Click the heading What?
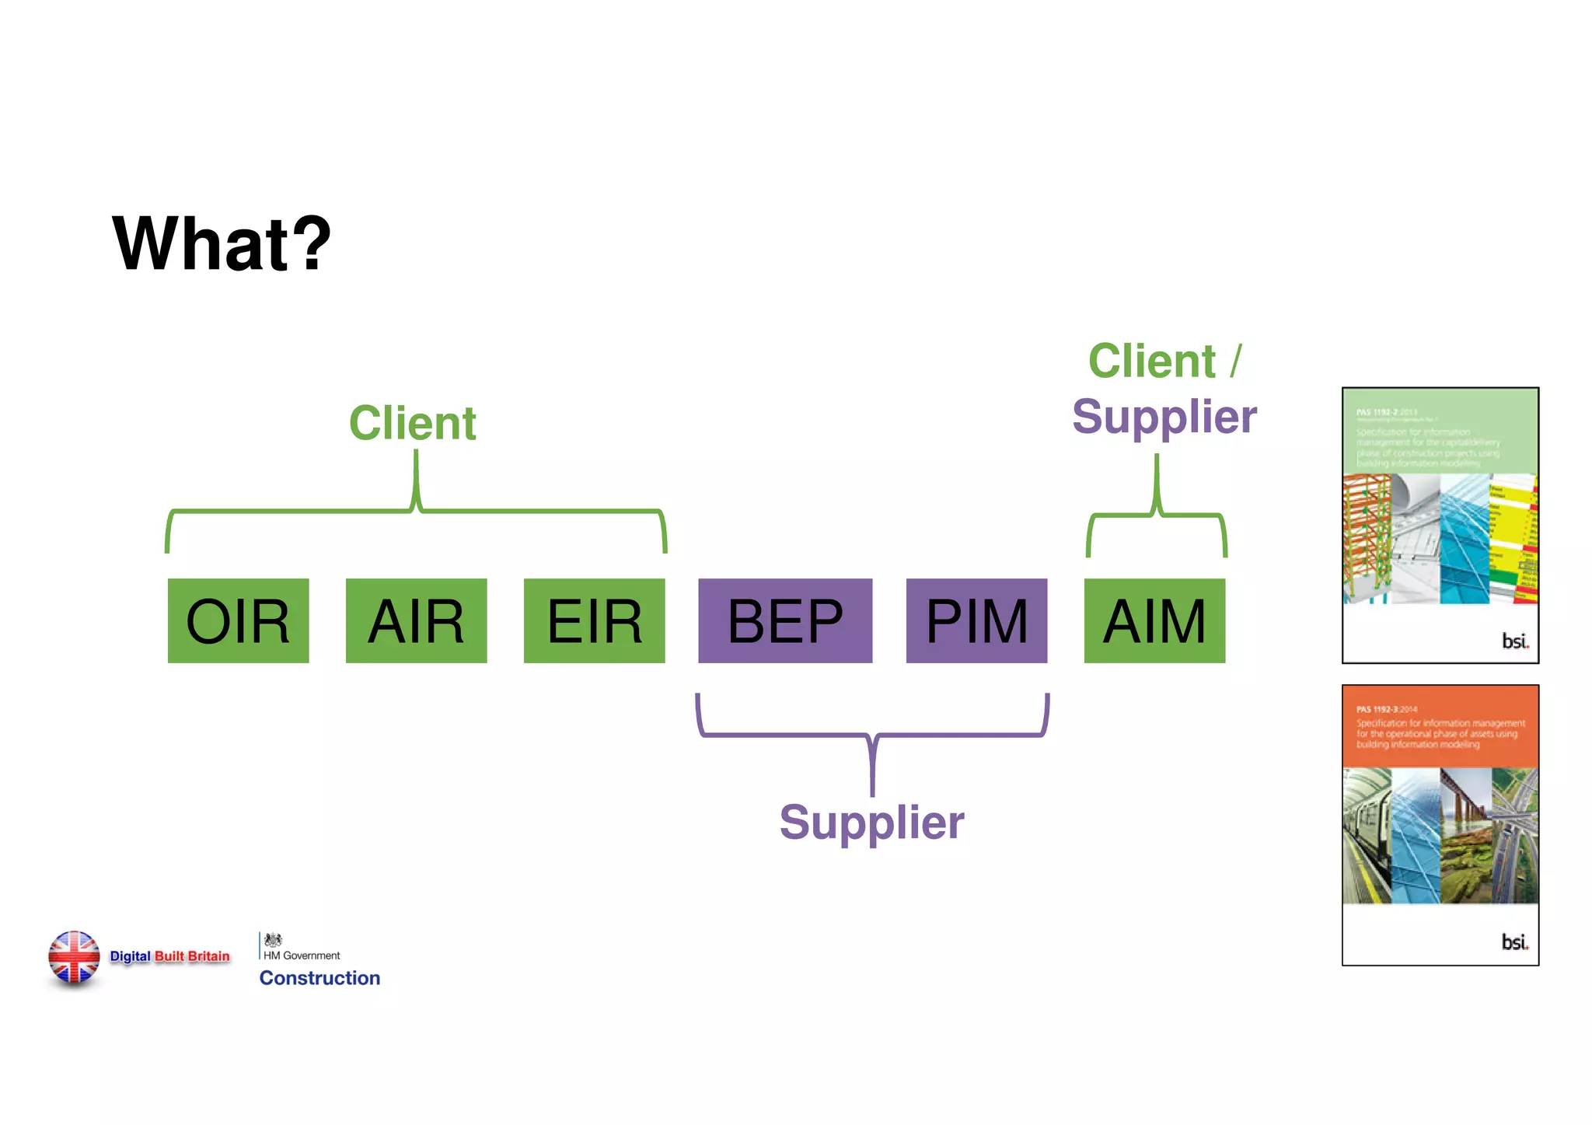pos(222,244)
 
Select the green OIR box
pos(238,620)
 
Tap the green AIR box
pos(416,620)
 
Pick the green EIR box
pos(594,620)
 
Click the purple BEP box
pos(784,620)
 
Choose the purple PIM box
pos(976,620)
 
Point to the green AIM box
pos(1154,620)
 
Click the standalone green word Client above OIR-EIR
pos(412,423)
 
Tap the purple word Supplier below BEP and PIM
pos(871,822)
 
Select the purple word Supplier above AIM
pos(1164,417)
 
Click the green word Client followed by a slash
pos(1152,361)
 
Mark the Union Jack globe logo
pos(74,957)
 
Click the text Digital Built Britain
pos(169,956)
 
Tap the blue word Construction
pos(319,978)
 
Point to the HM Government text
pos(302,956)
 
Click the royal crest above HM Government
pos(273,939)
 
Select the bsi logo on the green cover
pos(1514,641)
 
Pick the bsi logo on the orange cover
pos(1514,942)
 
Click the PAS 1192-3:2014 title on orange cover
pos(1387,709)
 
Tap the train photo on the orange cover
pos(1367,836)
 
